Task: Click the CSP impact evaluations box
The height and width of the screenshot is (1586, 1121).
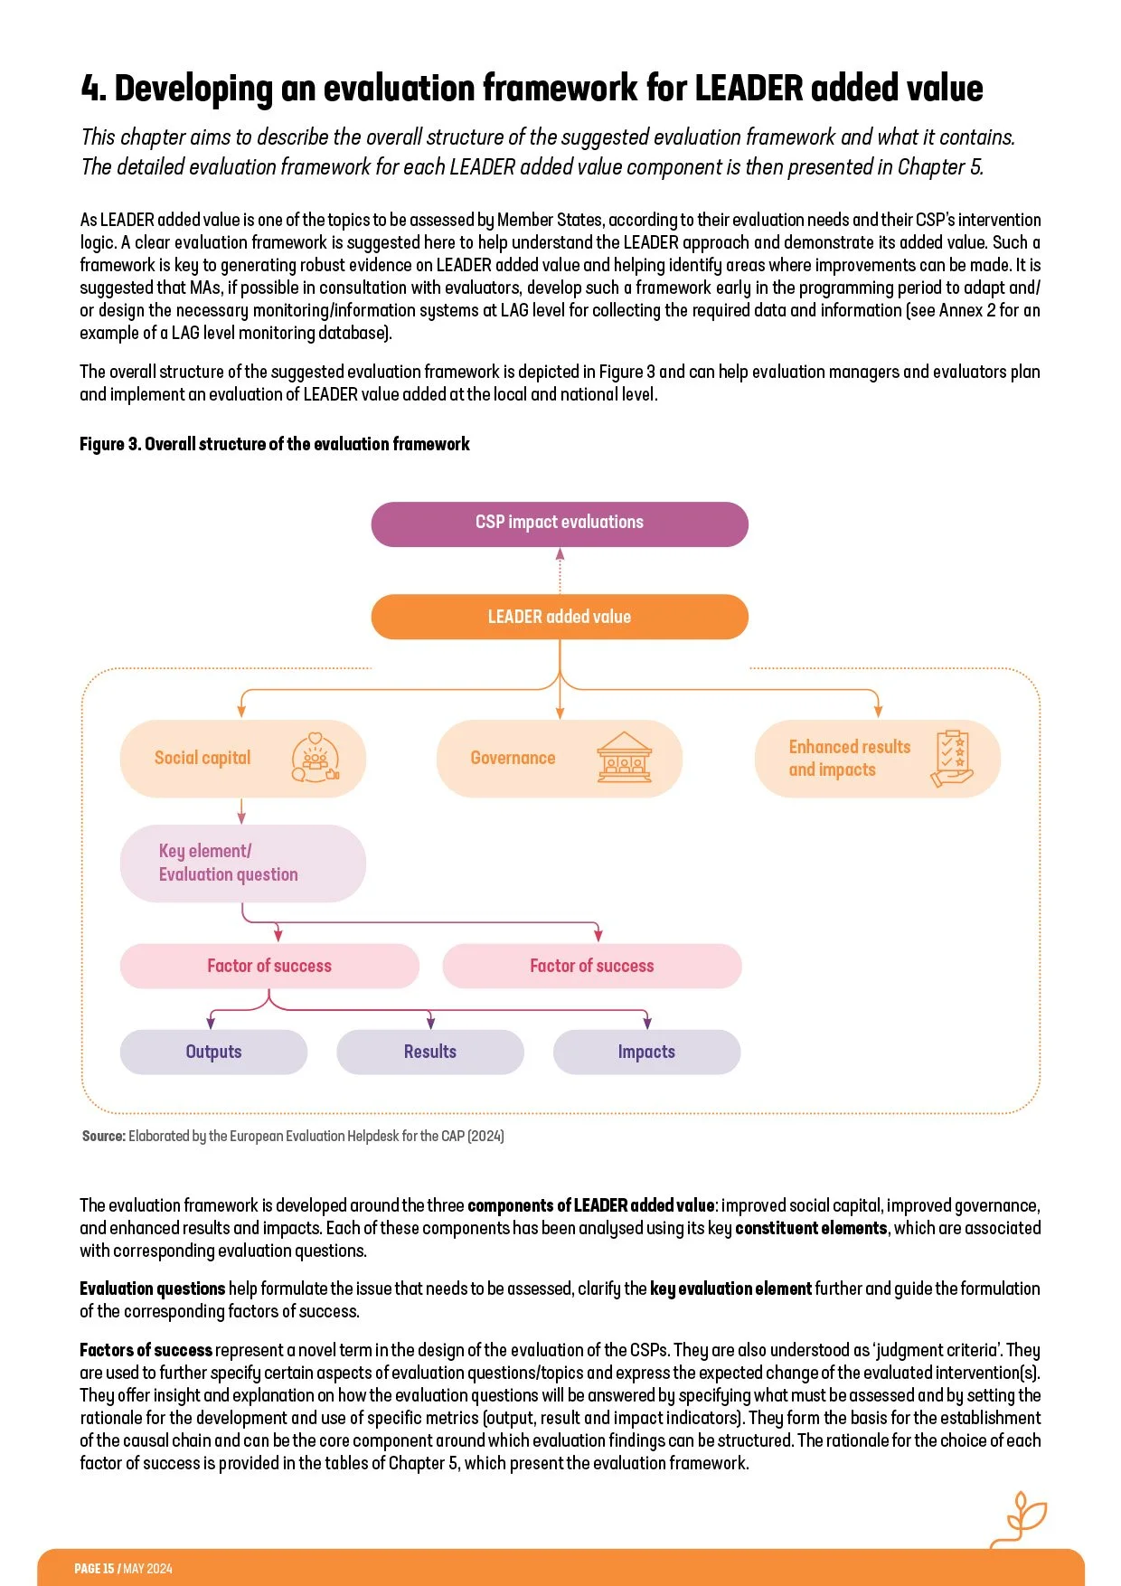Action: pyautogui.click(x=560, y=524)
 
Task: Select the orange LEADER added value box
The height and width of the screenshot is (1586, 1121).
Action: pyautogui.click(x=560, y=617)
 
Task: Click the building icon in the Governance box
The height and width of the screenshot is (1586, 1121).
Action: pyautogui.click(x=624, y=758)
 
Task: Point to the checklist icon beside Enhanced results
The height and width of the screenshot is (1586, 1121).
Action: pyautogui.click(x=952, y=758)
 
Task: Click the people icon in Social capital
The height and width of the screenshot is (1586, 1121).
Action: pyautogui.click(x=315, y=758)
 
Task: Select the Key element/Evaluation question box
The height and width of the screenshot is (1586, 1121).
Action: pyautogui.click(x=242, y=863)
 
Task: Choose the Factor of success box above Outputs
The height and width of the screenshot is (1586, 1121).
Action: pyautogui.click(x=269, y=966)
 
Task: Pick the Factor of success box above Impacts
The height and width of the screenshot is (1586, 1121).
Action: pyautogui.click(x=592, y=966)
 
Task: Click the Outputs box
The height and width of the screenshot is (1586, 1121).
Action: pyautogui.click(x=213, y=1052)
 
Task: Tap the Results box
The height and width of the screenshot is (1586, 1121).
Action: pyautogui.click(x=430, y=1052)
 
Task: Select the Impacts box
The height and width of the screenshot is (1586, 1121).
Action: pyautogui.click(x=646, y=1052)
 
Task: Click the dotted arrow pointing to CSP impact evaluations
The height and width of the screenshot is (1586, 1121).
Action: pyautogui.click(x=560, y=570)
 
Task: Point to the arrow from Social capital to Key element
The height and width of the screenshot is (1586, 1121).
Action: pyautogui.click(x=241, y=811)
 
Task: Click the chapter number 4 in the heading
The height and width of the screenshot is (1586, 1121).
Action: pyautogui.click(x=92, y=89)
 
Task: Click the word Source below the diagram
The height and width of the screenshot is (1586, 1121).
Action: pyautogui.click(x=103, y=1136)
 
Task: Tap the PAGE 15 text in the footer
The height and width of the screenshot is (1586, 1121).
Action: pyautogui.click(x=94, y=1569)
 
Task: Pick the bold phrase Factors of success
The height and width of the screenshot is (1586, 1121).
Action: pyautogui.click(x=146, y=1350)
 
